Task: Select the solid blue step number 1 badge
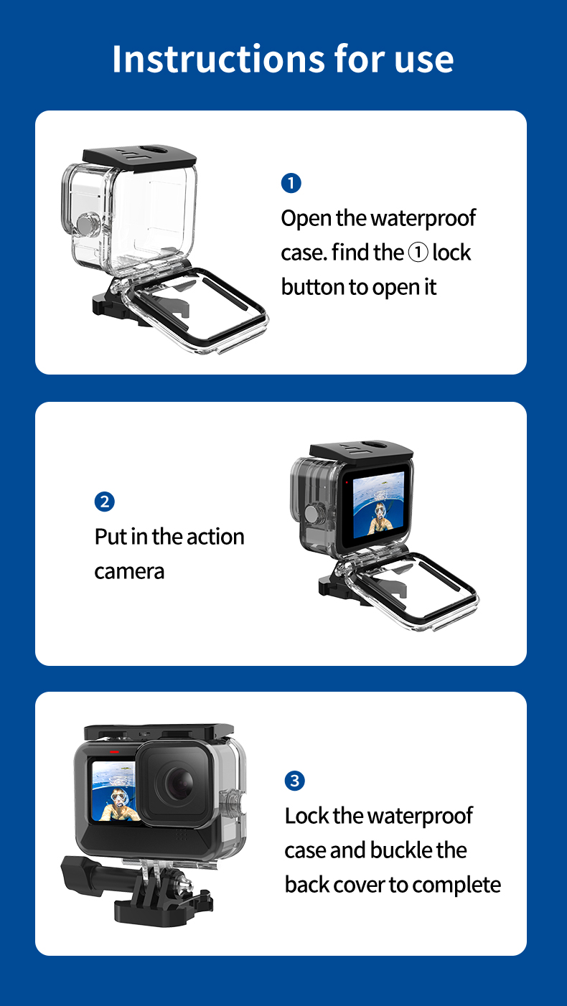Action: click(291, 183)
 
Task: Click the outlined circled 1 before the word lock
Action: click(418, 253)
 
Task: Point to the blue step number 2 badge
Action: click(105, 501)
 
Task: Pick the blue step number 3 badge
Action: click(295, 781)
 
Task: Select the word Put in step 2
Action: click(111, 537)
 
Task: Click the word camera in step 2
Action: click(129, 572)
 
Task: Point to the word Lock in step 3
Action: click(307, 816)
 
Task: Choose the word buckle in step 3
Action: click(402, 850)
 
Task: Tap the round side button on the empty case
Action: click(85, 223)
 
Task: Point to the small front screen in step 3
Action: click(113, 791)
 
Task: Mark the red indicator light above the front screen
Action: click(114, 751)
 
